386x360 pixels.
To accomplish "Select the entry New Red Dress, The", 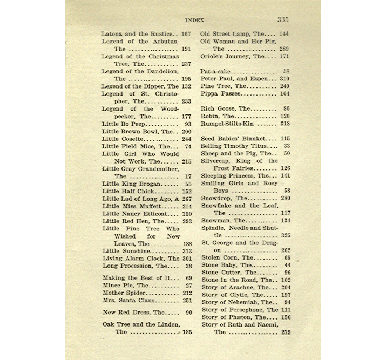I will pyautogui.click(x=133, y=313).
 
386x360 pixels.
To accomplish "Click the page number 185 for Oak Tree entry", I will pyautogui.click(x=187, y=332).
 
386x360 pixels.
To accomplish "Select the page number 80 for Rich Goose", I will pyautogui.click(x=286, y=108).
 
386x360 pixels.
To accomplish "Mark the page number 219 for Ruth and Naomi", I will pyautogui.click(x=285, y=332).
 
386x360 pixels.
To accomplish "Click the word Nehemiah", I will pyautogui.click(x=246, y=302).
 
